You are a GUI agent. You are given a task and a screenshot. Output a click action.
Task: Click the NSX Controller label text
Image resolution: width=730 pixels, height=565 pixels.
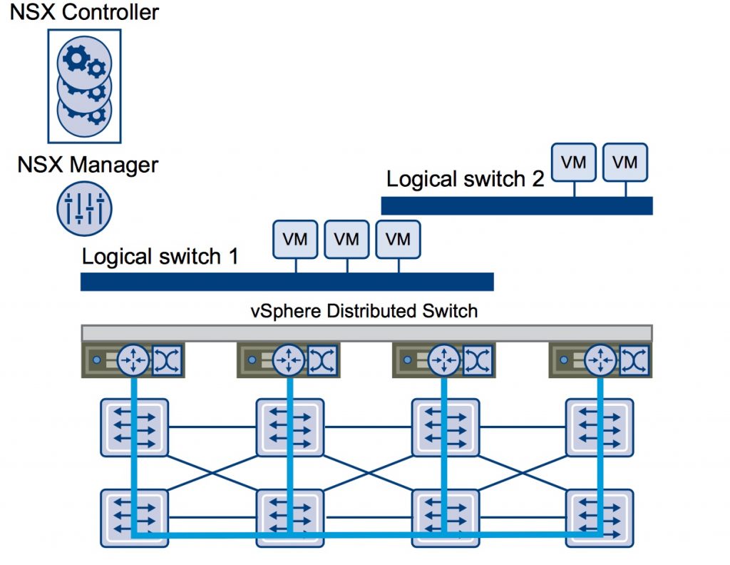point(83,12)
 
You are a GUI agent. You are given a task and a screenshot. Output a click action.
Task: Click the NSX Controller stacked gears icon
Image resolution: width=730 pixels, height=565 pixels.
point(84,86)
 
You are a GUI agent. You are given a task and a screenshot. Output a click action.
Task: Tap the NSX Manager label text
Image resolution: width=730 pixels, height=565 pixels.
point(88,165)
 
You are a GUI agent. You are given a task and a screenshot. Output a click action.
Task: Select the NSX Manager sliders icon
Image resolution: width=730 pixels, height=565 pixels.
point(84,209)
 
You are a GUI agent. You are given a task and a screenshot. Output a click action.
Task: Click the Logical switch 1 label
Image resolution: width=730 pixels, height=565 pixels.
point(160,257)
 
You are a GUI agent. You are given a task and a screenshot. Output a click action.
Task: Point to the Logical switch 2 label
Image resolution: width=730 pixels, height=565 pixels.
point(465,179)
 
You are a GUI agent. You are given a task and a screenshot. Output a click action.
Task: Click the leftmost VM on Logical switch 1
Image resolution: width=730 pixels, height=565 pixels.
point(295,239)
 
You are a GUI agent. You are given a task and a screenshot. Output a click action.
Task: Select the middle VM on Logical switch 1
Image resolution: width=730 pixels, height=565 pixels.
point(346,239)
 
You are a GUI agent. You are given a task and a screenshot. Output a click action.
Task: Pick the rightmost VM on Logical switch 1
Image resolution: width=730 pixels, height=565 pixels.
point(398,239)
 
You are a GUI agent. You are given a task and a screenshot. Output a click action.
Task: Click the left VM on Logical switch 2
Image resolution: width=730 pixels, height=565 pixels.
point(574,162)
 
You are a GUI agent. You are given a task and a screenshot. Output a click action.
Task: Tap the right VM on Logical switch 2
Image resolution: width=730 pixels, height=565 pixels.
point(625,162)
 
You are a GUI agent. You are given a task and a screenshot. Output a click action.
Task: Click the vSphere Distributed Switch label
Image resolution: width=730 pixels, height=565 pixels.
point(364,311)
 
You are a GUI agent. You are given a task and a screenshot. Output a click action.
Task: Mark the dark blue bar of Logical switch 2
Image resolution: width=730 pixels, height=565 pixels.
point(517,205)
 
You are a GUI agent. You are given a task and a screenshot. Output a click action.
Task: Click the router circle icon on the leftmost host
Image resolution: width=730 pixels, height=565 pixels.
point(133,360)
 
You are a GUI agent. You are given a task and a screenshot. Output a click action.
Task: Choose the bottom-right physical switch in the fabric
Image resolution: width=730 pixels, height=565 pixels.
point(600,517)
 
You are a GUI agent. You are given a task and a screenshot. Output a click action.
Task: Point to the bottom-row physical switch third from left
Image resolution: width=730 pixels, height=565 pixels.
point(445,517)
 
